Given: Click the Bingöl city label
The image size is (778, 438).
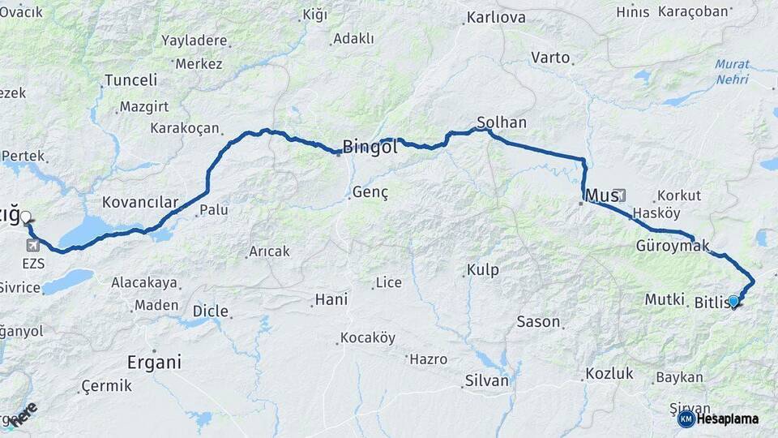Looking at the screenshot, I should coord(370,147).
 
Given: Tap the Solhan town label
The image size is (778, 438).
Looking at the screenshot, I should coord(502,122).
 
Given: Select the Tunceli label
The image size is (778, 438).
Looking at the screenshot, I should coord(130,80).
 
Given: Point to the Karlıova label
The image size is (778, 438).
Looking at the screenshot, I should coord(496,17).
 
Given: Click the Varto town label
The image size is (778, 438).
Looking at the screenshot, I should coord(551,58).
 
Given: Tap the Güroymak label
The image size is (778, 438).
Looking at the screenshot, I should coord(673,245).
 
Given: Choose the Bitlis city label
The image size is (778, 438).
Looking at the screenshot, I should coord(713,303).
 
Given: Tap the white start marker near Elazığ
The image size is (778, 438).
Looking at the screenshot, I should coord(26,217).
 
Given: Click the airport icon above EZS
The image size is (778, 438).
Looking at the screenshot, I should coord(33,245).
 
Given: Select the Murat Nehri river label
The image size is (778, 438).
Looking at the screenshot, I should coord(732,72).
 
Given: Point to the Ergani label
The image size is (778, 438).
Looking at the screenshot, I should coord(154,362).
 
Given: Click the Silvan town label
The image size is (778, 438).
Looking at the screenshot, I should coord(487,380).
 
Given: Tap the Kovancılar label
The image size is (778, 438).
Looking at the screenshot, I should coord(139,201).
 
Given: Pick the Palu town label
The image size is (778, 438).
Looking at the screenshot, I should coord(214,210).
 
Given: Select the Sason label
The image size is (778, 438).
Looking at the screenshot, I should coord(538,321).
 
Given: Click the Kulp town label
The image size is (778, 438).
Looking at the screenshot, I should coord(483,269).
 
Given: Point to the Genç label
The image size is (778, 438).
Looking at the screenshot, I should coord(370,192).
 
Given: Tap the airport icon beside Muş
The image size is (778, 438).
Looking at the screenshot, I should coord(621,195).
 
